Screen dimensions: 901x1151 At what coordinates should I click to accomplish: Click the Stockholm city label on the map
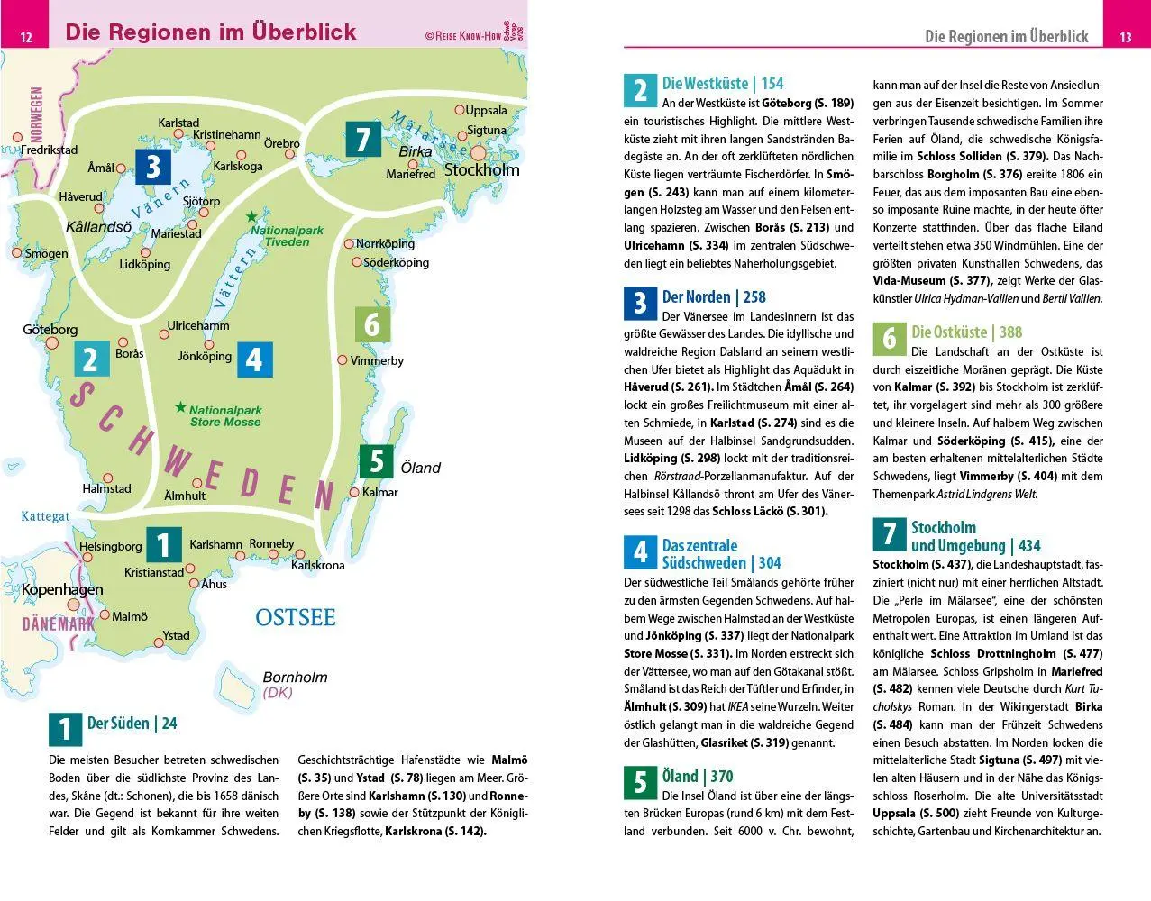(x=482, y=169)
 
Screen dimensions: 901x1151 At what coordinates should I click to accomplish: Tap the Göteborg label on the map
(x=50, y=330)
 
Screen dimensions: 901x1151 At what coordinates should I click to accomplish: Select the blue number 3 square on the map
(x=153, y=166)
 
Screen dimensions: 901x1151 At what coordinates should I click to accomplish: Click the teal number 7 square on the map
(x=363, y=140)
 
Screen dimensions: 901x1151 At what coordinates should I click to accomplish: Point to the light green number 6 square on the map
(x=372, y=324)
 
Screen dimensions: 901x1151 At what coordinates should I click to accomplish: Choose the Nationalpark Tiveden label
(x=287, y=236)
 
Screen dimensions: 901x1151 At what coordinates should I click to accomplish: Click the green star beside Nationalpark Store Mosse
(x=181, y=407)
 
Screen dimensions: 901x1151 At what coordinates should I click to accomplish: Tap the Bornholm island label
(x=295, y=678)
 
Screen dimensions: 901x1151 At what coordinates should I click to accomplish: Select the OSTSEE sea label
(x=295, y=617)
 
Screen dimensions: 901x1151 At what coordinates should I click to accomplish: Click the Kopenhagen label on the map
(x=62, y=589)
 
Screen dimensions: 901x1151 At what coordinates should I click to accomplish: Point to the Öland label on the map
(x=420, y=468)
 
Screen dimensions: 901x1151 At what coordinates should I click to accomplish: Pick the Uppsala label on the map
(x=486, y=111)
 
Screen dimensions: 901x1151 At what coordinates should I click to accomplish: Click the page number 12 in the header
(x=26, y=36)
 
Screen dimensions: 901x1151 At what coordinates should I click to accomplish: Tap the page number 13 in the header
(x=1125, y=37)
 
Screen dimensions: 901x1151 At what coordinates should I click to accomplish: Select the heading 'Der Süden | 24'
(x=132, y=723)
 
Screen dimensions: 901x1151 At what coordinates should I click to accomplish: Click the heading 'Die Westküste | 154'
(x=723, y=83)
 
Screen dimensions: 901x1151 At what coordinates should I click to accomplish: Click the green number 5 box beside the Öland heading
(x=641, y=782)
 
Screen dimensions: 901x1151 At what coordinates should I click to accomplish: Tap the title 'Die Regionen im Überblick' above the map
(x=211, y=32)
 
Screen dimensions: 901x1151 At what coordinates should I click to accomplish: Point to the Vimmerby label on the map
(x=377, y=360)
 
